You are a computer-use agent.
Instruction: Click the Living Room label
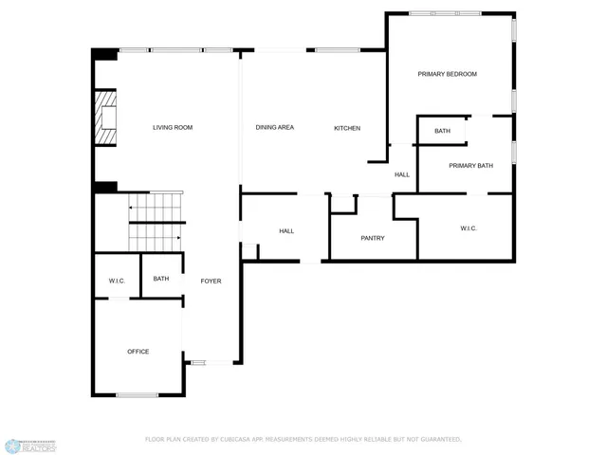[x=173, y=127]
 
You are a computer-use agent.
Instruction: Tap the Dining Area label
[x=274, y=127]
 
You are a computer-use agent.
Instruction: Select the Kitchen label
[x=346, y=128]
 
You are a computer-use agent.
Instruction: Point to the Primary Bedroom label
[x=447, y=74]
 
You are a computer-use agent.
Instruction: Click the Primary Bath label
[x=470, y=166]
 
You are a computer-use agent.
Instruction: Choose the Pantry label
[x=373, y=238]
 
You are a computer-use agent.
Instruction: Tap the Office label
[x=138, y=352]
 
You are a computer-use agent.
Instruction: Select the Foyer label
[x=211, y=281]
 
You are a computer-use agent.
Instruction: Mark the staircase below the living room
[x=155, y=221]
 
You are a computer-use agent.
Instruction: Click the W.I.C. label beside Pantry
[x=469, y=228]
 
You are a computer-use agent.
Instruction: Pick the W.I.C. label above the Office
[x=117, y=281]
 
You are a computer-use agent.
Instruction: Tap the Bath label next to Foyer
[x=161, y=279]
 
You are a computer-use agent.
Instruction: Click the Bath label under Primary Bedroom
[x=442, y=131]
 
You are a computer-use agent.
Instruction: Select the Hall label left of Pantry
[x=286, y=231]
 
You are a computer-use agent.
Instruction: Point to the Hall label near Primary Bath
[x=402, y=174]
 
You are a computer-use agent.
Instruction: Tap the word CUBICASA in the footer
[x=231, y=440]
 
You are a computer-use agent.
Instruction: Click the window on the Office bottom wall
[x=137, y=394]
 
